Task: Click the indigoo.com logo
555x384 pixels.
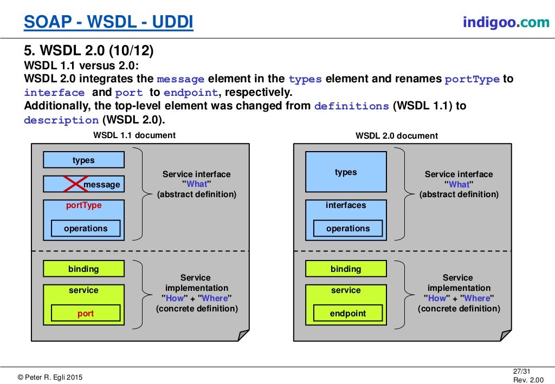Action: (x=506, y=22)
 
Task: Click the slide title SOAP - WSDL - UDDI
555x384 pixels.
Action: (x=108, y=22)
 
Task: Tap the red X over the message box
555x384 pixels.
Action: (x=75, y=184)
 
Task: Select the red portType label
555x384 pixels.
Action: (x=84, y=205)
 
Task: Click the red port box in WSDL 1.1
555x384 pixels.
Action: (x=86, y=313)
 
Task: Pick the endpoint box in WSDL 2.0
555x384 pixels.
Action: (x=348, y=313)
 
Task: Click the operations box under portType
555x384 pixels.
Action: (x=86, y=229)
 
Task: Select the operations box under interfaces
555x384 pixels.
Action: (x=348, y=229)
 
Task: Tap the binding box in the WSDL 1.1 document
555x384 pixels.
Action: (x=83, y=269)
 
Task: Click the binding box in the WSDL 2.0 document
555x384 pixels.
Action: (x=346, y=269)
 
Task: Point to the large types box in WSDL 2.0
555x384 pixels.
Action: (x=346, y=172)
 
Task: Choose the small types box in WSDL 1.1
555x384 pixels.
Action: (x=83, y=160)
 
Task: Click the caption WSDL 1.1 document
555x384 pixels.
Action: (x=134, y=135)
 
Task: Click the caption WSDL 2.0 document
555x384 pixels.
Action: (x=397, y=136)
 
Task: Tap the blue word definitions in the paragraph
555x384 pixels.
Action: (x=351, y=106)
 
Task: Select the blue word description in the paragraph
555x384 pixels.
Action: (x=61, y=120)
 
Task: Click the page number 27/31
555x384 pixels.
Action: (x=522, y=371)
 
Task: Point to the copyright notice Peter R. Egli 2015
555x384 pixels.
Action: (x=50, y=378)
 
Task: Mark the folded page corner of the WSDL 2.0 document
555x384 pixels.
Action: (x=506, y=335)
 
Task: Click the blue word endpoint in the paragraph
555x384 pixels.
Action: (x=191, y=93)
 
